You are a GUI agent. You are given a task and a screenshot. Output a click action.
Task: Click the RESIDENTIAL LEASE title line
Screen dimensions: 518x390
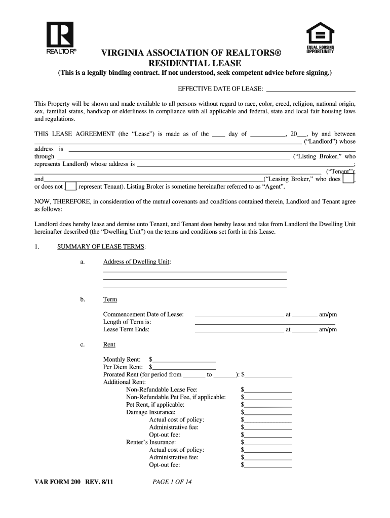(194, 63)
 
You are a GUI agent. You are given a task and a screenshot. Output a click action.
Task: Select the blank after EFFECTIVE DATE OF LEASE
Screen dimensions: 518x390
(310, 90)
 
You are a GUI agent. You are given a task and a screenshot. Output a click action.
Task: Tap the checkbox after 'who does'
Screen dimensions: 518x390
(348, 179)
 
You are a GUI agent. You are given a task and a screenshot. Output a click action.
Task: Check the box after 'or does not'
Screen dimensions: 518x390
(71, 187)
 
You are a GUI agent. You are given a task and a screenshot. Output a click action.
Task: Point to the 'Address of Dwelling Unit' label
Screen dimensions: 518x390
(137, 262)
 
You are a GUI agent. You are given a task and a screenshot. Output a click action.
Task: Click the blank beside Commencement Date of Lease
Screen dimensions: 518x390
(239, 315)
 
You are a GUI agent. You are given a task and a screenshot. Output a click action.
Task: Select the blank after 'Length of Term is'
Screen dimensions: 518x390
(265, 322)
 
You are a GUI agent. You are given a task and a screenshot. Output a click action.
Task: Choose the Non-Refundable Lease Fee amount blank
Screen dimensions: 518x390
(268, 390)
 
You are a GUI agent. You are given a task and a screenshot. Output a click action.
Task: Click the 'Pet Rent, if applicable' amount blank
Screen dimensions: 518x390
(268, 405)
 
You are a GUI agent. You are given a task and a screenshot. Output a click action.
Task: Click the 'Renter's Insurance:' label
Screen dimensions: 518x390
(151, 442)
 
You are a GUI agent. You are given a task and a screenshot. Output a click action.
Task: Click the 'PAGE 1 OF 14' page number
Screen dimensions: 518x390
(172, 482)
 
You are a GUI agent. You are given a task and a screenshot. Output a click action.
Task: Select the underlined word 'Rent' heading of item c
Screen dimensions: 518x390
(109, 344)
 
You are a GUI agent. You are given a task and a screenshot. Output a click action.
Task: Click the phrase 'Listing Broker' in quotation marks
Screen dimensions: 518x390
(318, 157)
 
